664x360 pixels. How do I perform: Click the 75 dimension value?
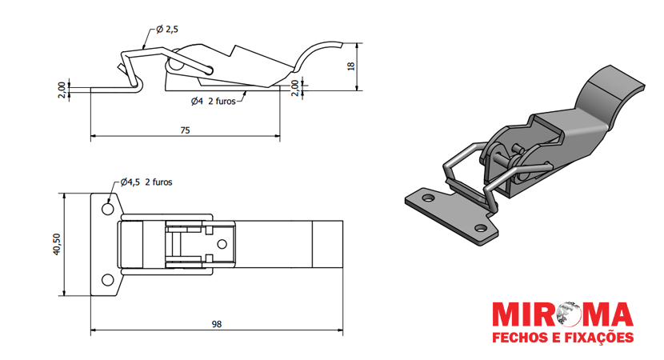point(185,130)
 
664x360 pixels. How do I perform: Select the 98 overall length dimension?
point(217,324)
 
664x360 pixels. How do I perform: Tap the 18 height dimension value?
point(353,66)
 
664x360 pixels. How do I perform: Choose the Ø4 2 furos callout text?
point(213,102)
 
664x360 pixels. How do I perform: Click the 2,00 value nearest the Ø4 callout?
point(294,87)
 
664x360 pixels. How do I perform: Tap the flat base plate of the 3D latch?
point(448,214)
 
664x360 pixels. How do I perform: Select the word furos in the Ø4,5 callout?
point(159,182)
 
